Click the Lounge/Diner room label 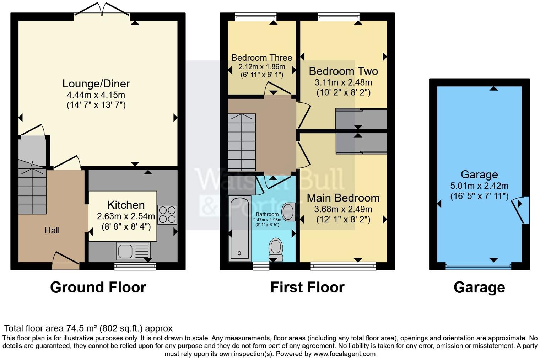[96, 84]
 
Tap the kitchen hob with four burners [167, 214]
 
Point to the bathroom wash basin [288, 212]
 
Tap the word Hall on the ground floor [52, 231]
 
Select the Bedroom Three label [261, 58]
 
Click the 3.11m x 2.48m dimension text [343, 82]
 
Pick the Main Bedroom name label [343, 198]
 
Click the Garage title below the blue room [479, 287]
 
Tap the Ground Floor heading [98, 287]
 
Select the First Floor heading [307, 287]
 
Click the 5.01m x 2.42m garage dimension [479, 186]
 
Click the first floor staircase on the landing [242, 142]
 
